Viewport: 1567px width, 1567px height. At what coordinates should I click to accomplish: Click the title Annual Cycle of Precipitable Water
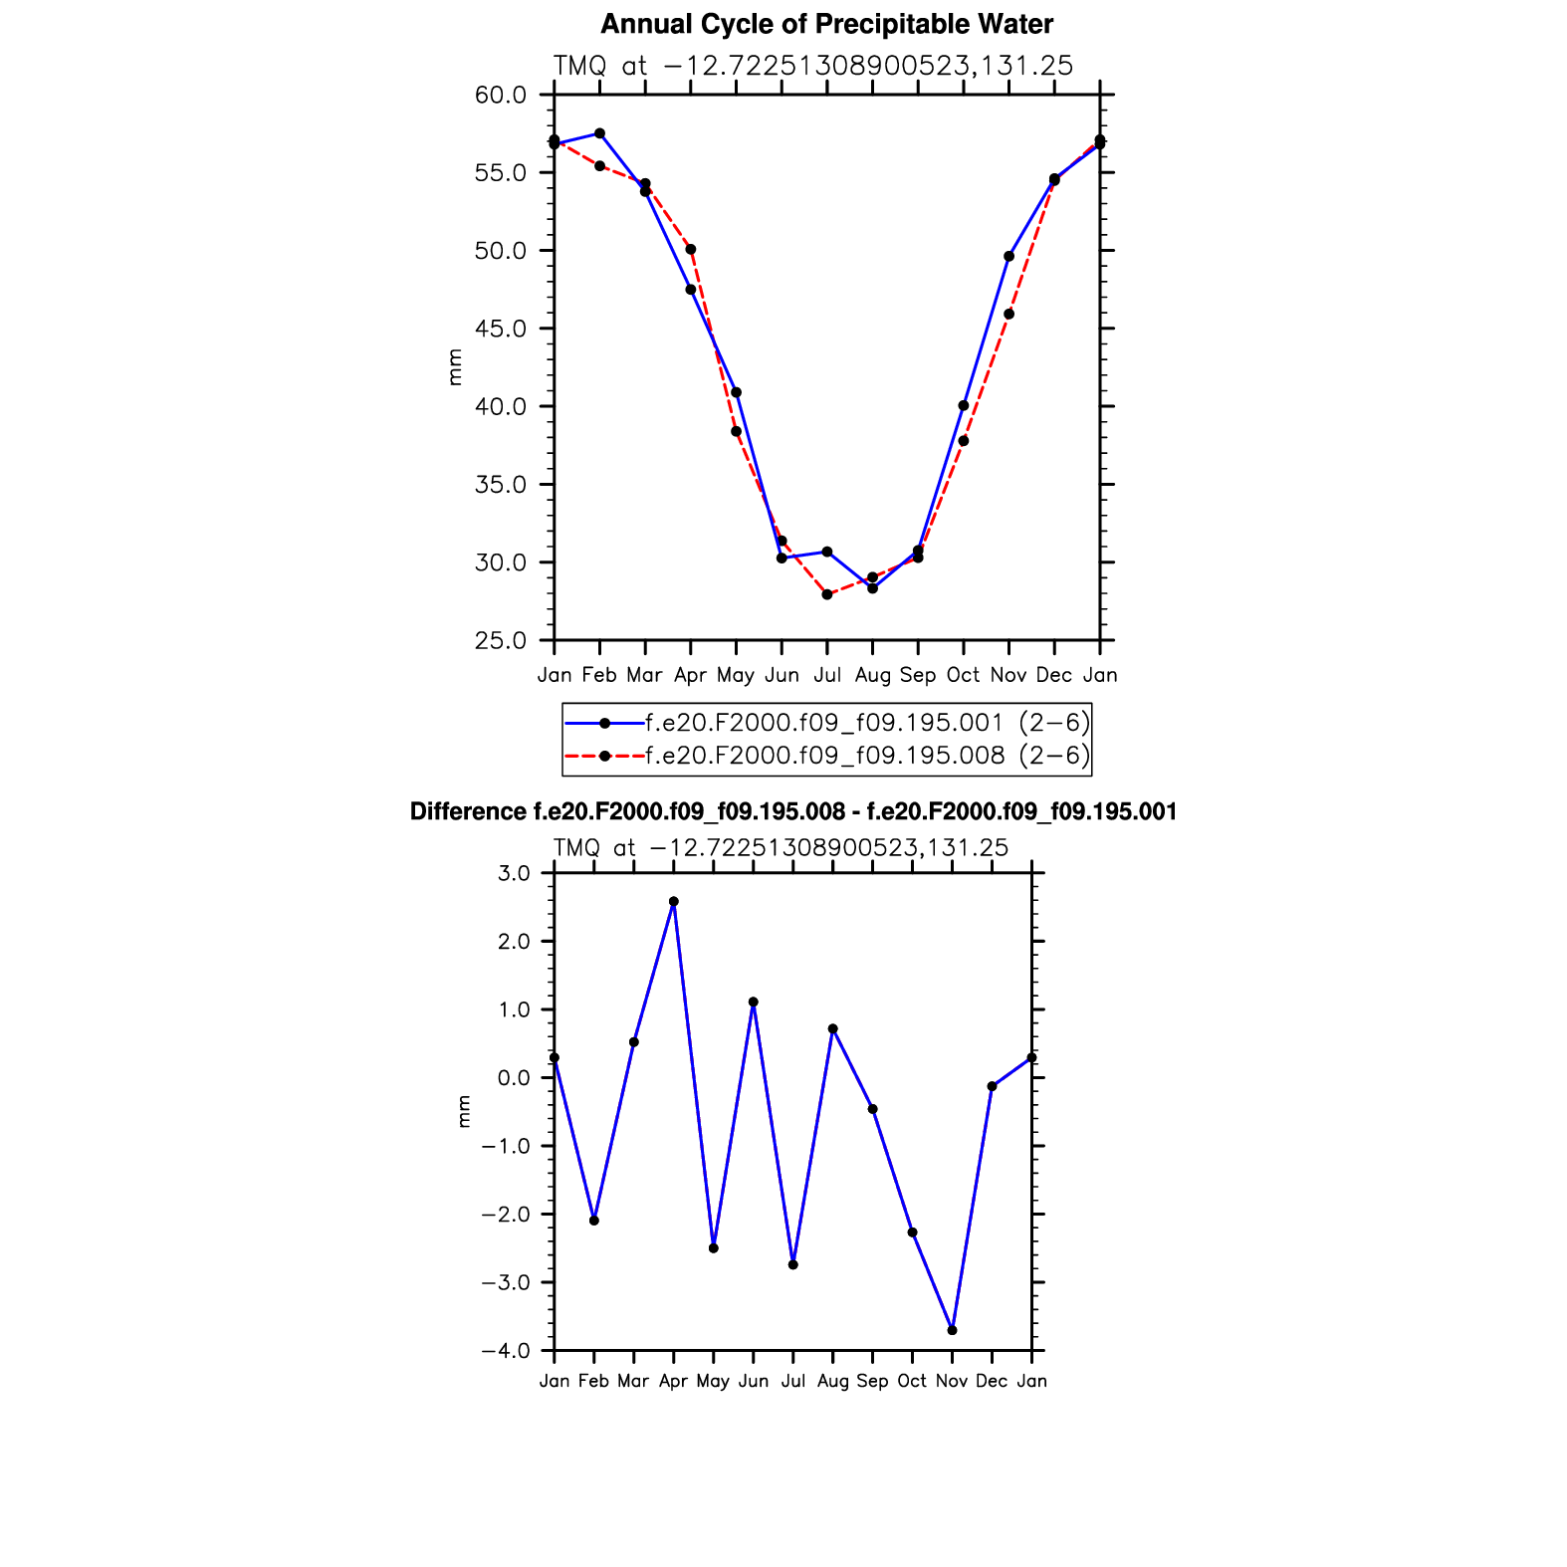[x=826, y=24]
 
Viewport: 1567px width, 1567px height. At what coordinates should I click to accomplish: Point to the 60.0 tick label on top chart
[x=501, y=96]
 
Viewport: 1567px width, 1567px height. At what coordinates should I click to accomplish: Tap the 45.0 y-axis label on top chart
[x=501, y=329]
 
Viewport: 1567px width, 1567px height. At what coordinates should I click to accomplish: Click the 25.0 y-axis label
[x=501, y=640]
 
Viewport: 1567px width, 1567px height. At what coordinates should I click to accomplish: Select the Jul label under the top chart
[x=826, y=675]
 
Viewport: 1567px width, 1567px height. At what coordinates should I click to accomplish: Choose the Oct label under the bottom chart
[x=912, y=1381]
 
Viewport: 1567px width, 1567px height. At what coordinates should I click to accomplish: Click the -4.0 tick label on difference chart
[x=506, y=1351]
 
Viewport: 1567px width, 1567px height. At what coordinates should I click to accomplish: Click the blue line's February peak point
[x=599, y=133]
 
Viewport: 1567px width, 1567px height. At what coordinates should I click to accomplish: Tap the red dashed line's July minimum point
[x=827, y=594]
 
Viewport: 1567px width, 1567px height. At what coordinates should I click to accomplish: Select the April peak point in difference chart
[x=674, y=902]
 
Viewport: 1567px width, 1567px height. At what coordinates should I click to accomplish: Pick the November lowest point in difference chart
[x=953, y=1330]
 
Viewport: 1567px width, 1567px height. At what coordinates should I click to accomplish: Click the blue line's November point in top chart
[x=1009, y=257]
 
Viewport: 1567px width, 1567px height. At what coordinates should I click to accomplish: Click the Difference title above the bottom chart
[x=792, y=812]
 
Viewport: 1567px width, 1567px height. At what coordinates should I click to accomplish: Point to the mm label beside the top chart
[x=455, y=366]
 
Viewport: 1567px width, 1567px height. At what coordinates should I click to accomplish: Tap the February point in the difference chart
[x=594, y=1221]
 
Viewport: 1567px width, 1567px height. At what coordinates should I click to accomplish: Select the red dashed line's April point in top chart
[x=691, y=249]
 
